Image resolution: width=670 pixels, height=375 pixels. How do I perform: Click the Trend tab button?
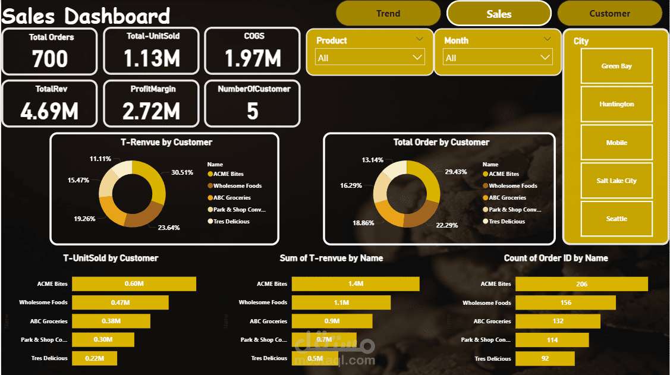[x=388, y=14]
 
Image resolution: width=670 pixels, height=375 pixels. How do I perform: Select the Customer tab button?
[x=609, y=14]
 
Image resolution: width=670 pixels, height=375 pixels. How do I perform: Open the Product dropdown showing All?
[x=370, y=58]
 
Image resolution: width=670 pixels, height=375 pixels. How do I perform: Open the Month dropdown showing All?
[x=498, y=58]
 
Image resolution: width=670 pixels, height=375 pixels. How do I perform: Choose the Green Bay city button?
[x=616, y=66]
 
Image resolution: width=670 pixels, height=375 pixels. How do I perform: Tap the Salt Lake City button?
[x=616, y=181]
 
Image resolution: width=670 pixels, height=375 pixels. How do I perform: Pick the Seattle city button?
[x=616, y=219]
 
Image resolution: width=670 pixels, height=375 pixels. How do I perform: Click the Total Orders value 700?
[x=50, y=59]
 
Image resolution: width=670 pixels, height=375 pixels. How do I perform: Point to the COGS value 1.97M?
[x=253, y=58]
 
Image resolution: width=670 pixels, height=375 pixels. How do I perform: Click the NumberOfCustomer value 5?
[x=253, y=111]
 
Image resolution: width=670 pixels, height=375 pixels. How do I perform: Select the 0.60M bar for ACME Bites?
[x=134, y=284]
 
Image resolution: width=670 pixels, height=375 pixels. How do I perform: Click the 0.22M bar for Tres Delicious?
[x=95, y=358]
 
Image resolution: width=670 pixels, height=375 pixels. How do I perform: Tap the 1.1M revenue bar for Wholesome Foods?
[x=341, y=302]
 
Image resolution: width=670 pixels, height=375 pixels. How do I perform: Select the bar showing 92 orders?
[x=545, y=359]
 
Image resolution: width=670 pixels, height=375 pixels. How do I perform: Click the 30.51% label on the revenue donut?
[x=182, y=173]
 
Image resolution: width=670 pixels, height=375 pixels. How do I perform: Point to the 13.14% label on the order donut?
[x=372, y=160]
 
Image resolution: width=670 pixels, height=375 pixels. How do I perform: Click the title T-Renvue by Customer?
[x=166, y=143]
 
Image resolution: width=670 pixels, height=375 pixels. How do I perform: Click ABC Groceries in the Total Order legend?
[x=507, y=198]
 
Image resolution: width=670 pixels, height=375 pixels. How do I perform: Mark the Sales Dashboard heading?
[x=86, y=15]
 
